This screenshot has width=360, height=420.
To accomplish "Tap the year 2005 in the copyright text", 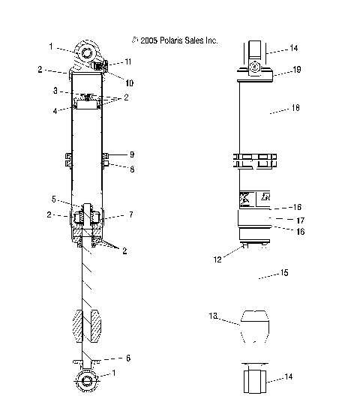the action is point(149,40).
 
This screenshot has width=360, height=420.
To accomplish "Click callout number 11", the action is point(128,61).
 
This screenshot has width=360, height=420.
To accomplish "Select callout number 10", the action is point(129,83).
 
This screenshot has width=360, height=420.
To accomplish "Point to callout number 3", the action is point(55,91).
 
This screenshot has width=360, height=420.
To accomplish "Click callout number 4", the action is point(55,111).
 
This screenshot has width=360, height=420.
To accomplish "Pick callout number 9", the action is point(132,154).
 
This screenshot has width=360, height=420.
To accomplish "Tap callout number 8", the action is point(132,169).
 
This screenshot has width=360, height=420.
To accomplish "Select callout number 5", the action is point(54,199).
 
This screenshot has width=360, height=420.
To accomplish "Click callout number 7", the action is point(131,214).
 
